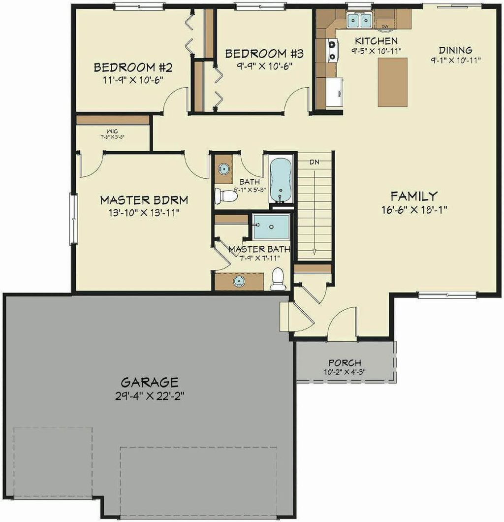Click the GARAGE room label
click(x=149, y=382)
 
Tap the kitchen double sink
click(x=359, y=21)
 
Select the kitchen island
click(x=393, y=82)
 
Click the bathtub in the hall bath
click(x=281, y=179)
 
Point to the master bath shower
click(x=271, y=228)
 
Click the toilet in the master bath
click(x=279, y=279)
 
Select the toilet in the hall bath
click(x=227, y=196)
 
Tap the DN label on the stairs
click(x=315, y=162)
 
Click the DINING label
click(x=455, y=50)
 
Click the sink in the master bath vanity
click(x=239, y=281)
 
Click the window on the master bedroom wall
click(x=73, y=218)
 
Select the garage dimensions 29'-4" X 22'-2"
click(x=149, y=395)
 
